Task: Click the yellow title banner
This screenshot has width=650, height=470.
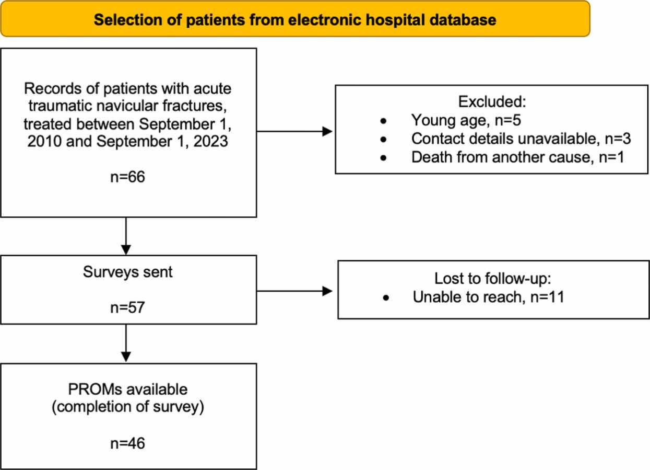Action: click(x=296, y=19)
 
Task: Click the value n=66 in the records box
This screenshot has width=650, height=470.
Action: click(x=128, y=176)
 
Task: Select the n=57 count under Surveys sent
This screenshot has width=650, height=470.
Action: click(x=128, y=307)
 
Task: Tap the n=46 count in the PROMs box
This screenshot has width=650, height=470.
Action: click(x=128, y=443)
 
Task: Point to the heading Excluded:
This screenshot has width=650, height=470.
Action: click(x=492, y=101)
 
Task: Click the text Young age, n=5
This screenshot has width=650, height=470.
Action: click(x=466, y=120)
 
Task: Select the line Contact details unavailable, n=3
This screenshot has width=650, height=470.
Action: click(x=521, y=139)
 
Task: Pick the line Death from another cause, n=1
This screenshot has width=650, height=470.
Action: click(x=518, y=157)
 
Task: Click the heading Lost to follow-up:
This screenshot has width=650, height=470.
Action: click(x=493, y=279)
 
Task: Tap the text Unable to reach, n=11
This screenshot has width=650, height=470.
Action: click(x=489, y=297)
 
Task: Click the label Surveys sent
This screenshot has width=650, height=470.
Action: click(x=128, y=272)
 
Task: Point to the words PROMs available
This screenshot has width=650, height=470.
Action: click(x=128, y=389)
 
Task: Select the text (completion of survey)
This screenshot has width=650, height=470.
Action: click(x=128, y=407)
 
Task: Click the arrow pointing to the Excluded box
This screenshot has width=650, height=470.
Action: click(x=294, y=131)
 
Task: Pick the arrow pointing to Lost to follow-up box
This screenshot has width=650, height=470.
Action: click(x=294, y=291)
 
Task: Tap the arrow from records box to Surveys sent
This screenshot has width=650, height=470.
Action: click(x=126, y=236)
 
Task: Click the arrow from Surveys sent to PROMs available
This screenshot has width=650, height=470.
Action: click(x=126, y=343)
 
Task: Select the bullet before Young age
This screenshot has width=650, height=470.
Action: click(x=383, y=121)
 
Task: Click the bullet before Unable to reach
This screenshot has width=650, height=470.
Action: click(x=386, y=298)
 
